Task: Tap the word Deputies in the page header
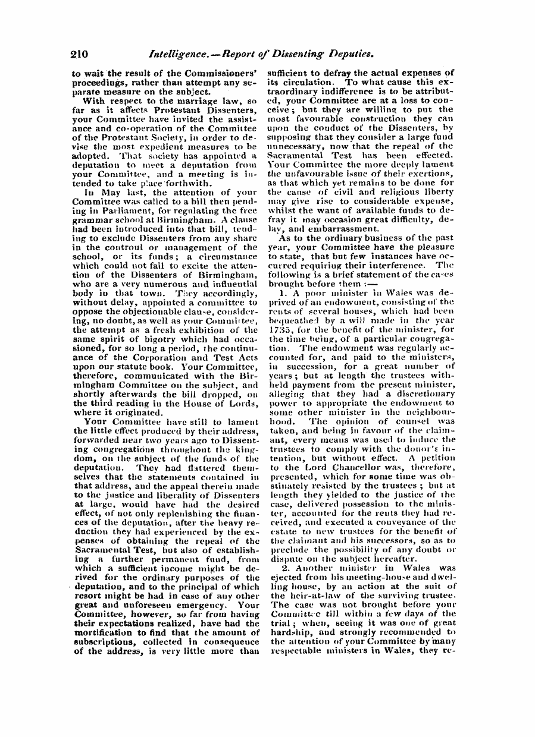point(350,54)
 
